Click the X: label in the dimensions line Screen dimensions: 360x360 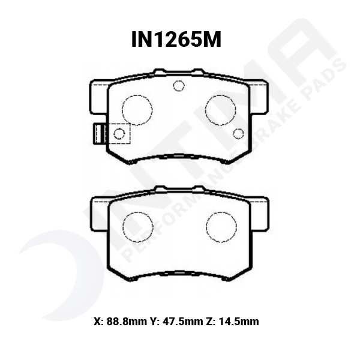[98, 322]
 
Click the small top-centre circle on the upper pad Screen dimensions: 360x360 [178, 86]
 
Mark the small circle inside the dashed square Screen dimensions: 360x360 [119, 133]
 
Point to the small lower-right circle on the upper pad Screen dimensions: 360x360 [238, 133]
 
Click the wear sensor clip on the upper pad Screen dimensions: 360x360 [97, 133]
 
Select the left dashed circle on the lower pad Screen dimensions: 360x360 [137, 227]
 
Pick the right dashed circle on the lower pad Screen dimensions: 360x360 [221, 227]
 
